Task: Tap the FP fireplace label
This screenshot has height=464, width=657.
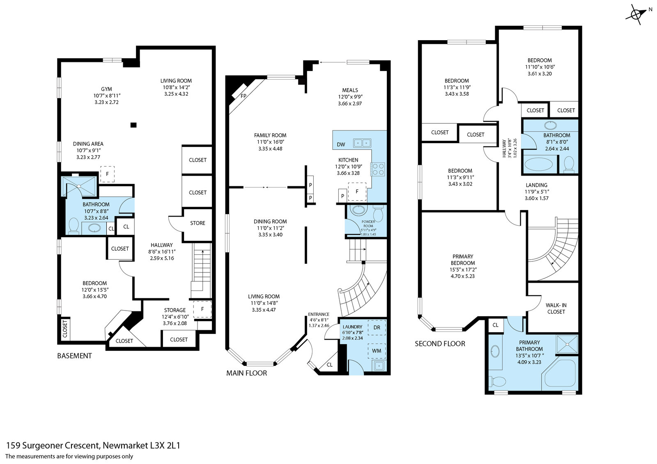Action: coord(243,96)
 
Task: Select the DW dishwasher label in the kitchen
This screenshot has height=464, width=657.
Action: coord(341,144)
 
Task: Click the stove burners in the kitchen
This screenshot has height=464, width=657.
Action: coord(378,169)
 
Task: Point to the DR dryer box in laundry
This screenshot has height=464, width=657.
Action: coord(377,327)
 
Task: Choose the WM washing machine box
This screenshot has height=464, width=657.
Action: coord(377,351)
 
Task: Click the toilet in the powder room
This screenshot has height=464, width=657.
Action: coord(378,213)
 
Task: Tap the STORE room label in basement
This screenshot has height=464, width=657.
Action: coord(198,223)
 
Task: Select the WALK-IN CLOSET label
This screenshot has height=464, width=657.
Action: coord(556,309)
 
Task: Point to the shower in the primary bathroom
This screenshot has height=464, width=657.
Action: coord(567,344)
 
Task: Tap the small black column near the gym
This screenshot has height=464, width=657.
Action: coord(133,125)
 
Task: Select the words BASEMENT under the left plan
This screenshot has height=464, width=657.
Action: coord(74,356)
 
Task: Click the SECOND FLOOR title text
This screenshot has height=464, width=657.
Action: coord(440,343)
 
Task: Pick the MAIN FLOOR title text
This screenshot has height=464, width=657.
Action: coord(247,373)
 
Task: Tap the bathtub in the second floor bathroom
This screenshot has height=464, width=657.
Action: coord(540,165)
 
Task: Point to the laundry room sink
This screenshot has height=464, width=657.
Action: coord(379,366)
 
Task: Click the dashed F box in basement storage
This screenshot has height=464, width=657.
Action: coord(202,309)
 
